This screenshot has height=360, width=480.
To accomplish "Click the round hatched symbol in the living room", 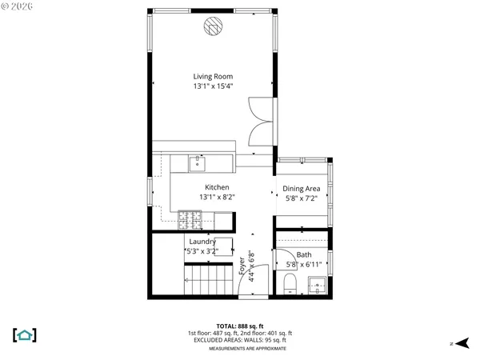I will [x=212, y=26].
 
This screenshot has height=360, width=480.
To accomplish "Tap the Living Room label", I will [x=212, y=77].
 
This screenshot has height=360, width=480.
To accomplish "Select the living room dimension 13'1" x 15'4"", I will [x=212, y=86].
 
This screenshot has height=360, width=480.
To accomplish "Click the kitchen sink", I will [x=198, y=164].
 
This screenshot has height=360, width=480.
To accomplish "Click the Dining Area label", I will [x=301, y=189].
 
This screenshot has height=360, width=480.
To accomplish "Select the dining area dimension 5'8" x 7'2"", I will [x=301, y=198].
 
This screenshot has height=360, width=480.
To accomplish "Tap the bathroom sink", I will [x=318, y=282].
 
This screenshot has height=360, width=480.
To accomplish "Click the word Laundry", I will [x=202, y=241].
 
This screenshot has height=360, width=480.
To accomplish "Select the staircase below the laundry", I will [x=209, y=281].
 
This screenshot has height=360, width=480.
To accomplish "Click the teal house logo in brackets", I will [x=25, y=334].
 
